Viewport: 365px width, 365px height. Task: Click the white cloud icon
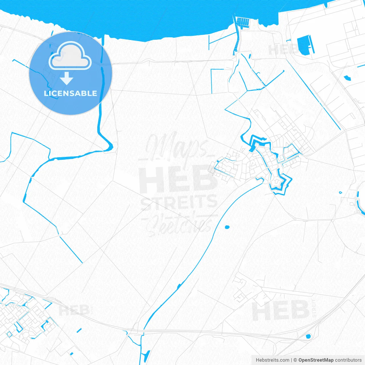70,56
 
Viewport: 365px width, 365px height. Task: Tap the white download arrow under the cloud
67,78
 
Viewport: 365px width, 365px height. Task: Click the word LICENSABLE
70,93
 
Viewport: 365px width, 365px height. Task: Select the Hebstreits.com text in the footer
272,360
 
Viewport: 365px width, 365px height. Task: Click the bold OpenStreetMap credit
316,360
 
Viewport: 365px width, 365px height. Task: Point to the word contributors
348,360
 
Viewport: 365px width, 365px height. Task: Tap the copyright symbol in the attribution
295,360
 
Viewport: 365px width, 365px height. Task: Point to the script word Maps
177,147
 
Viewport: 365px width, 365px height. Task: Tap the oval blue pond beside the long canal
227,227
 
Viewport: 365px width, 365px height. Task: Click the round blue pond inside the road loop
308,336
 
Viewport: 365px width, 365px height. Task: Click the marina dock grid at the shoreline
243,22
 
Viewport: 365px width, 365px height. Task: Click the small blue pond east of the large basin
347,78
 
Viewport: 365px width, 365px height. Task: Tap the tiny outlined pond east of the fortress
340,192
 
